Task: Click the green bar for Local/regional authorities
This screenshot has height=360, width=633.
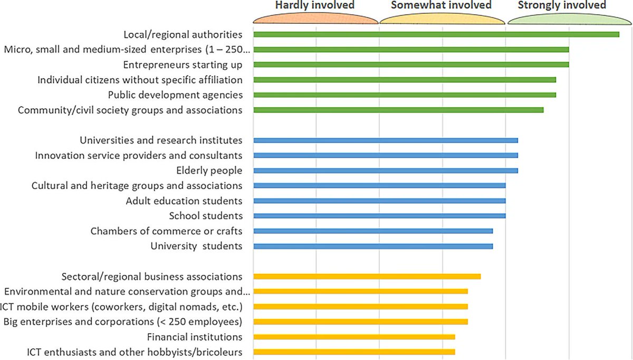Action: click(x=436, y=34)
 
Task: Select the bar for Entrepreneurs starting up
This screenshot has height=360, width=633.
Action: click(x=411, y=64)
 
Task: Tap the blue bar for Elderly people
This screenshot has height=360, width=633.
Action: click(x=386, y=170)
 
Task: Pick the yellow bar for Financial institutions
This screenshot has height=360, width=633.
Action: click(x=354, y=337)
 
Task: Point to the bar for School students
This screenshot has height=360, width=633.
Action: click(x=379, y=216)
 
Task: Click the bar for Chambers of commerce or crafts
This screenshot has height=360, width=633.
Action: click(x=373, y=231)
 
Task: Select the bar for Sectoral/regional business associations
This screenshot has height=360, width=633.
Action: click(x=367, y=277)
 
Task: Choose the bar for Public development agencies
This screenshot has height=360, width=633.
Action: click(x=405, y=95)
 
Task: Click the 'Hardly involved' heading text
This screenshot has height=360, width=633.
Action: click(x=315, y=5)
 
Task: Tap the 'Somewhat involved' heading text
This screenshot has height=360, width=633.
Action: click(x=441, y=5)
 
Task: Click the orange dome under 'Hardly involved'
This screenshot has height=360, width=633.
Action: click(x=315, y=18)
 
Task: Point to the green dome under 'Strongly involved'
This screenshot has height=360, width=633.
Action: click(x=570, y=18)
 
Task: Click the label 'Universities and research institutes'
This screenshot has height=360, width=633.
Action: click(x=161, y=140)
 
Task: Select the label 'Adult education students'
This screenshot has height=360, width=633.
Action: click(x=184, y=201)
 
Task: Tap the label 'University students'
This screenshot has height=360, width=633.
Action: click(x=196, y=247)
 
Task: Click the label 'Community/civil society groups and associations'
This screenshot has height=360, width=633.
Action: click(x=130, y=110)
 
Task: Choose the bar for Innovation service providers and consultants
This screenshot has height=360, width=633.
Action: click(x=386, y=155)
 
